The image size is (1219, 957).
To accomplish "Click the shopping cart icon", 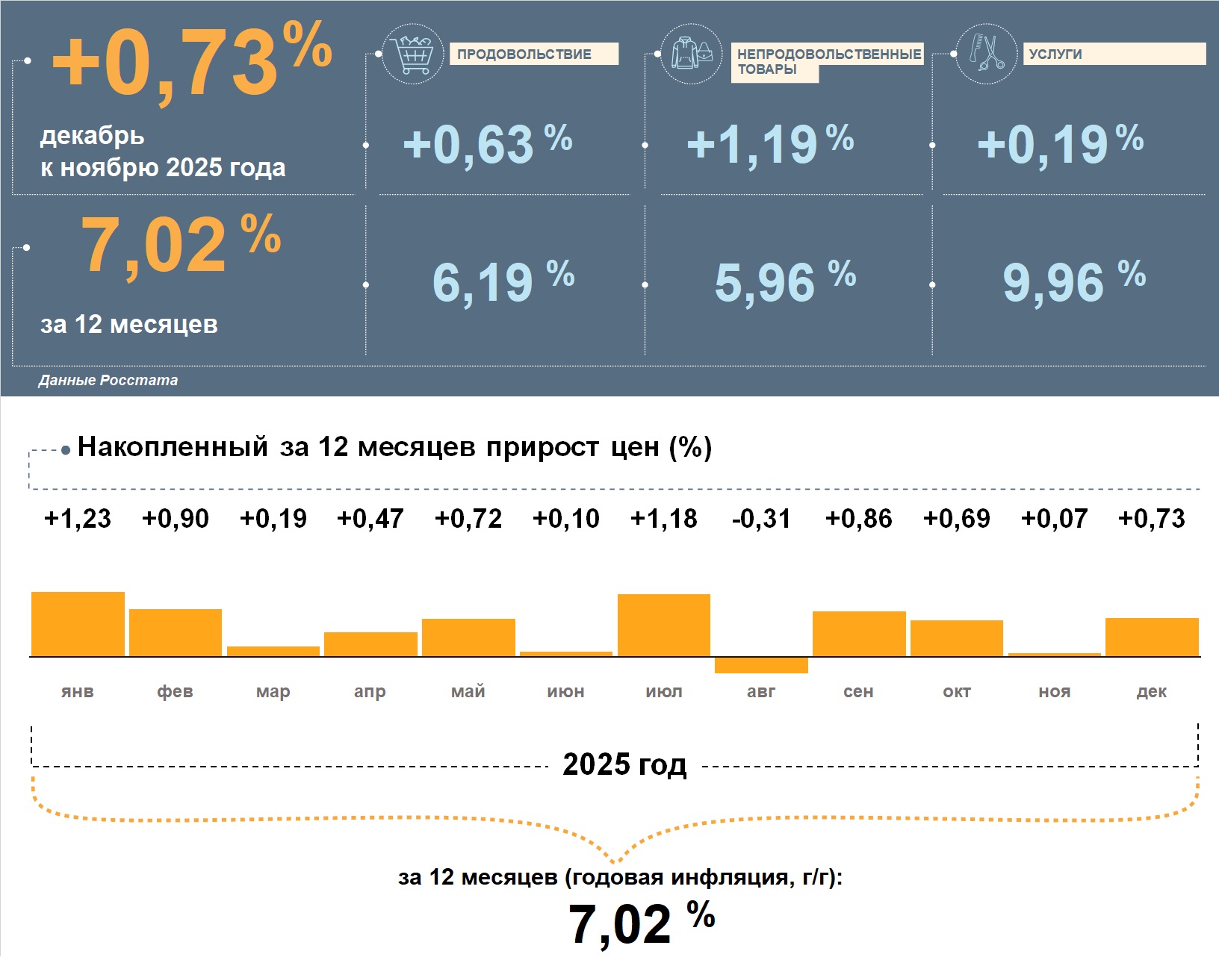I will point(412,54).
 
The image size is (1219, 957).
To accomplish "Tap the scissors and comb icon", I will point(987,54).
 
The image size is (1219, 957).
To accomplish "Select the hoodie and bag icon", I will point(692,54).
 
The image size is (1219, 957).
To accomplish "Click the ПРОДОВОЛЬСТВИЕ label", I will point(524,54).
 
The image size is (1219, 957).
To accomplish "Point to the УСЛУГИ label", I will point(1055,54).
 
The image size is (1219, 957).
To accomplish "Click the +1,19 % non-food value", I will point(769,143).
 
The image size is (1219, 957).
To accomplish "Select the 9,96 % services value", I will point(1073,282).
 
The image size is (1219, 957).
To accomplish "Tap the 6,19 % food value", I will point(503,282).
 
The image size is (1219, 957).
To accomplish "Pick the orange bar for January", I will point(78,624).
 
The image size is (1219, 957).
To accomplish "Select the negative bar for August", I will point(761,665).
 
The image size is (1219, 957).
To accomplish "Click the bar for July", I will point(664,626).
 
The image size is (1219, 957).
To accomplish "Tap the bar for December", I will point(1152,638).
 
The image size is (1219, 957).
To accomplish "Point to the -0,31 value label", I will point(761,519).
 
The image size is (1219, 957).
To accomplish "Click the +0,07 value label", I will point(1054,519).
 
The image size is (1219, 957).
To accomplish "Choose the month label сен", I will point(858,692).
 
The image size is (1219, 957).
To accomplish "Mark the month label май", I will point(468,692).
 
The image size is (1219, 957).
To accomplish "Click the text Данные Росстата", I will point(108,381).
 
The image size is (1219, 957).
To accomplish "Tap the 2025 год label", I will point(624,765).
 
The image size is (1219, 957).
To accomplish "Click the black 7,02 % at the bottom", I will point(641,923).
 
